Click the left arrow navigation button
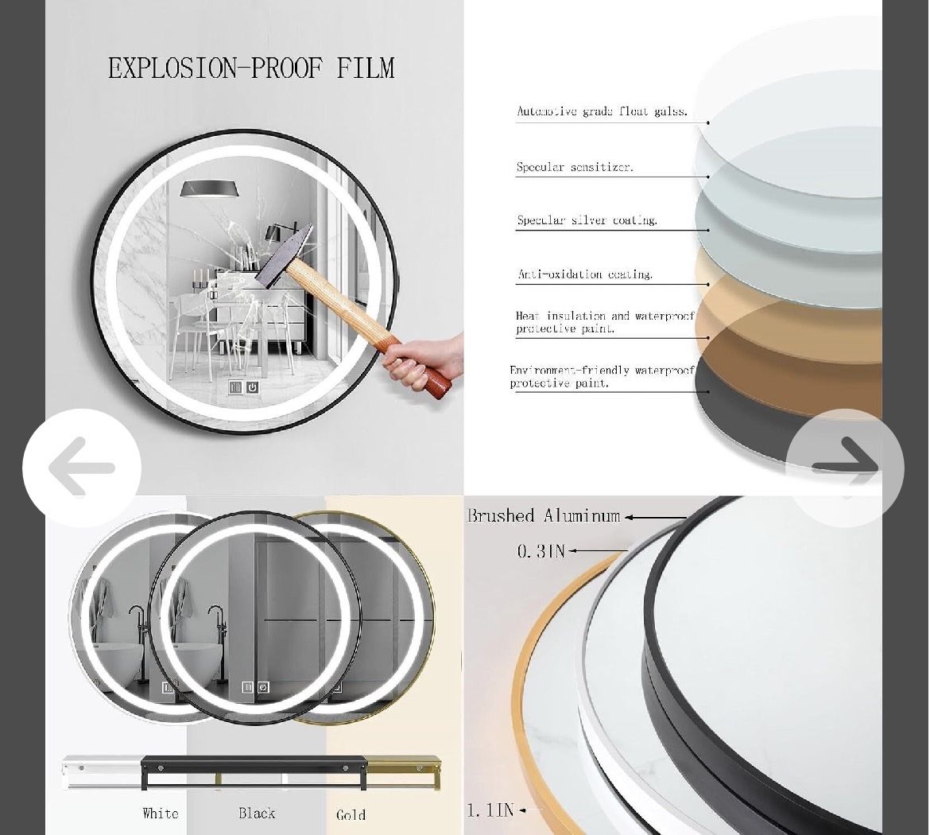[82, 468]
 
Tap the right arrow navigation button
[845, 468]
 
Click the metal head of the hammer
[283, 256]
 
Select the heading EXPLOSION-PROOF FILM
[251, 68]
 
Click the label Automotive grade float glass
[602, 111]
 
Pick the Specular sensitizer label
[575, 167]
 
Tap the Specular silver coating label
[587, 220]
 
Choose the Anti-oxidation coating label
[585, 274]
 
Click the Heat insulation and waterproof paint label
[605, 322]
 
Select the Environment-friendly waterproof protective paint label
[602, 377]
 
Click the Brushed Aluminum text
[544, 516]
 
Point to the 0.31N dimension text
[541, 551]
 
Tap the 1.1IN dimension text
[490, 810]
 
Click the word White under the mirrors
[160, 813]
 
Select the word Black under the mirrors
[257, 813]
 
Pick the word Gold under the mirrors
[351, 815]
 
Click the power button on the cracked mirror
[253, 387]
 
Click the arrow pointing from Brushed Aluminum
[656, 518]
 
